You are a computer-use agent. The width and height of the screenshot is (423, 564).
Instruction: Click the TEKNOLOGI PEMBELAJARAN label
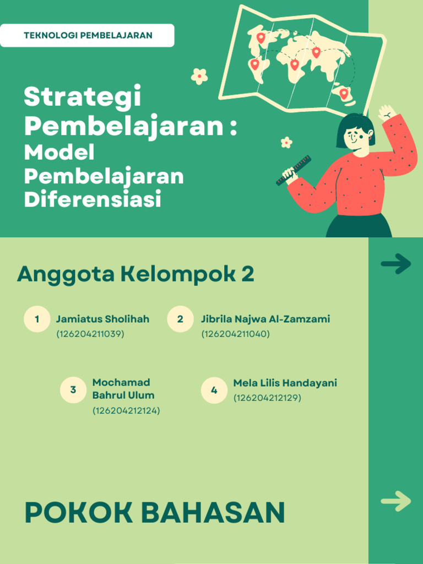88,36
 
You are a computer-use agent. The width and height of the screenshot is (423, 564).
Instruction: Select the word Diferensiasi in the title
93,199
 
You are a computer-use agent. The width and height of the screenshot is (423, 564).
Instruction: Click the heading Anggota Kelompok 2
135,274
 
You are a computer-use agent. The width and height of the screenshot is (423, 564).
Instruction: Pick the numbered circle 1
37,319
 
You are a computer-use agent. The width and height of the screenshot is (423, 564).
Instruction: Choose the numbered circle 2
180,319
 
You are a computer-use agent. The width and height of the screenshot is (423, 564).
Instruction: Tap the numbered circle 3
73,390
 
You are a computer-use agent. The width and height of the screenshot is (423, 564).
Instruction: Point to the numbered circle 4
214,391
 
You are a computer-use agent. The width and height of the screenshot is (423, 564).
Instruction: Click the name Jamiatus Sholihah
102,319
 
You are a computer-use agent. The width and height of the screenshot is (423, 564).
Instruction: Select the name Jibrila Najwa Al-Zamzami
265,319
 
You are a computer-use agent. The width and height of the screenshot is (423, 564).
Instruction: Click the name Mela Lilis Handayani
285,383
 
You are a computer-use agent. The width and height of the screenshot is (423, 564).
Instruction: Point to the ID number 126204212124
126,411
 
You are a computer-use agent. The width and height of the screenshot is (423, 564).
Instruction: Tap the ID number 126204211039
90,334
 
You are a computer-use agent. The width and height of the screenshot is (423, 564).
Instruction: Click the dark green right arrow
395,264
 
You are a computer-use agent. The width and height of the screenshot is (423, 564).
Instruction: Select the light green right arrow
395,501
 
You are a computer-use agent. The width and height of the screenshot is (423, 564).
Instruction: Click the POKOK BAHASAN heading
155,513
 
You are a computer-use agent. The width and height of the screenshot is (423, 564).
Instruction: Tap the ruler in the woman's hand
294,170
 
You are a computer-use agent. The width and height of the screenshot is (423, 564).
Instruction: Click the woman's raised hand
387,112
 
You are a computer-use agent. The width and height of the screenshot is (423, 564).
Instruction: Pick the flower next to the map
199,76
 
